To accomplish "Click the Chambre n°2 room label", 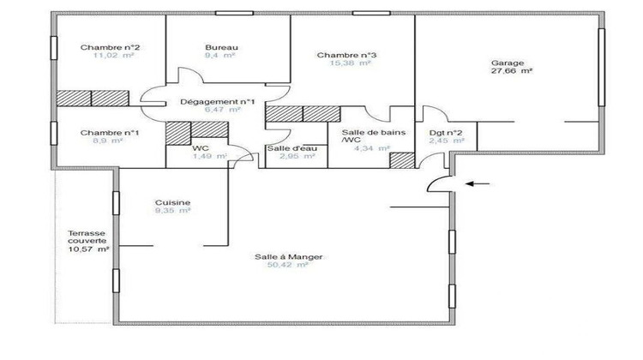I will (111, 47).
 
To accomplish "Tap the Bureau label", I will (221, 47).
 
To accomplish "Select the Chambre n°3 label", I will (346, 55).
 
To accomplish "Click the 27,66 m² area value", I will (512, 73).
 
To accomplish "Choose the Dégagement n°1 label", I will (218, 102).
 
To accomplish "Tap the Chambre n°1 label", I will (111, 132).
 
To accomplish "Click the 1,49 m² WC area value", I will (208, 156).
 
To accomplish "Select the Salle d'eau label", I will (286, 149).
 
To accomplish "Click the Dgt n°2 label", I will (446, 133).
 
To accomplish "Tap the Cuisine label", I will (172, 202).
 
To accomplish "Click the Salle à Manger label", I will (281, 256).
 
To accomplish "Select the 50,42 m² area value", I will (286, 266).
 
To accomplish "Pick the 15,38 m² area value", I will (351, 63).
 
